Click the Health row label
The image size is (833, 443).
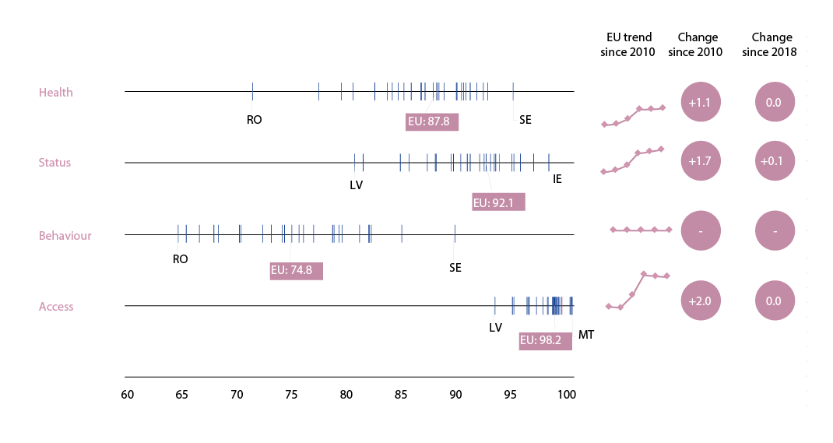coord(56,93)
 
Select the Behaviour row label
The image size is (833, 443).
coord(65,236)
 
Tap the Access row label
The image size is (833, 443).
coord(56,307)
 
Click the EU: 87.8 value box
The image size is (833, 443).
coord(432,121)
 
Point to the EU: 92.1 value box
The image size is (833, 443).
coord(499,203)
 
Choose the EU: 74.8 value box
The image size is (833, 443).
coord(296,271)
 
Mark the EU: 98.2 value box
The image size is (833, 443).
coord(545,341)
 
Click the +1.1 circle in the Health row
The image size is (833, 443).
coord(701,102)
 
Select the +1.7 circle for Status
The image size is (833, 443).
coord(701,162)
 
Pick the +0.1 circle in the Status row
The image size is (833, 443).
coord(775,162)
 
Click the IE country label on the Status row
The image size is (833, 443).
coord(557,179)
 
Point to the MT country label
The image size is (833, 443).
coord(586,336)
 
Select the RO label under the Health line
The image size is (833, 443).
coord(254,120)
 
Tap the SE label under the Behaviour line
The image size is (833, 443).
coord(455,268)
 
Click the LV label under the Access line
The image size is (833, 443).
coord(496,328)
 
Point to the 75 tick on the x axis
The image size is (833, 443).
coord(291,395)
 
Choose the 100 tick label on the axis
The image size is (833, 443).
coord(567,395)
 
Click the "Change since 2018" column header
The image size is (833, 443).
coord(772,44)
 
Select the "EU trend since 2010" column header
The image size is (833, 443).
coord(629,44)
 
